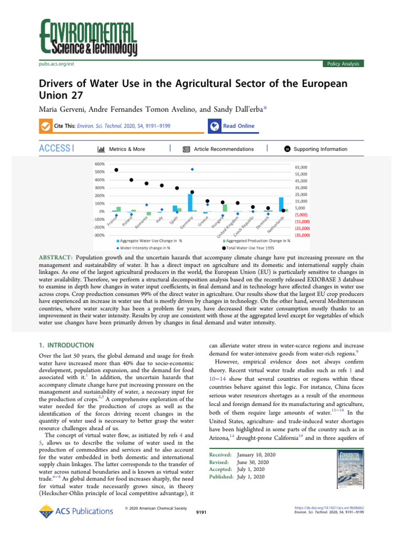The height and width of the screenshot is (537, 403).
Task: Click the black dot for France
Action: (116, 170)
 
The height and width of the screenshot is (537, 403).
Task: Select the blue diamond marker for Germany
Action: (192, 169)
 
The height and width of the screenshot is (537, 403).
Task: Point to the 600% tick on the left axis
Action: (100, 164)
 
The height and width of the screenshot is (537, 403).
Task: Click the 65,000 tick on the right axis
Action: (301, 167)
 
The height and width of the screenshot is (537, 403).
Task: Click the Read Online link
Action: (238, 126)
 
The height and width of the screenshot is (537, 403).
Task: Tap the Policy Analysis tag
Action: (343, 63)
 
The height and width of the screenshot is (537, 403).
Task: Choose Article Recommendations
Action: (223, 149)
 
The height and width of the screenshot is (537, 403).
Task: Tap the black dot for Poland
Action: (131, 180)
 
